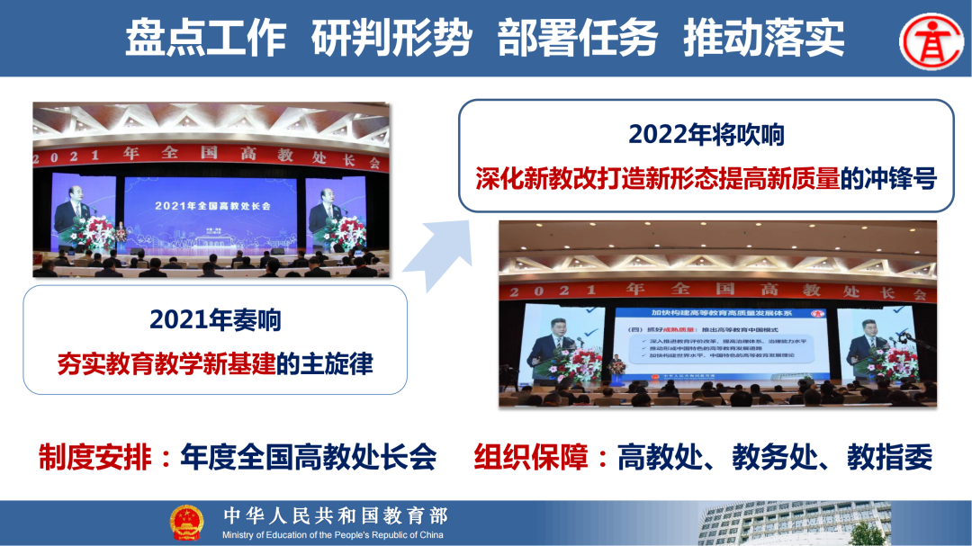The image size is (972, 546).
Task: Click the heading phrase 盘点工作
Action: (x=205, y=38)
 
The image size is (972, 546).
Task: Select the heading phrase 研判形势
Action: (x=391, y=38)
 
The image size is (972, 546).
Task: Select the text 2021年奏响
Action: (x=215, y=320)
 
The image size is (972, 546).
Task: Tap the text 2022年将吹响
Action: (x=706, y=135)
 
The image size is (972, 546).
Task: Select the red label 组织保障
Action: (x=532, y=457)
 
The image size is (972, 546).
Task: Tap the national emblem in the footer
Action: (x=187, y=523)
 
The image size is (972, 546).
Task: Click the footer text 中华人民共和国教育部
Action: (x=335, y=515)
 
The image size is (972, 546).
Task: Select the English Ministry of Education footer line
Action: (x=333, y=535)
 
